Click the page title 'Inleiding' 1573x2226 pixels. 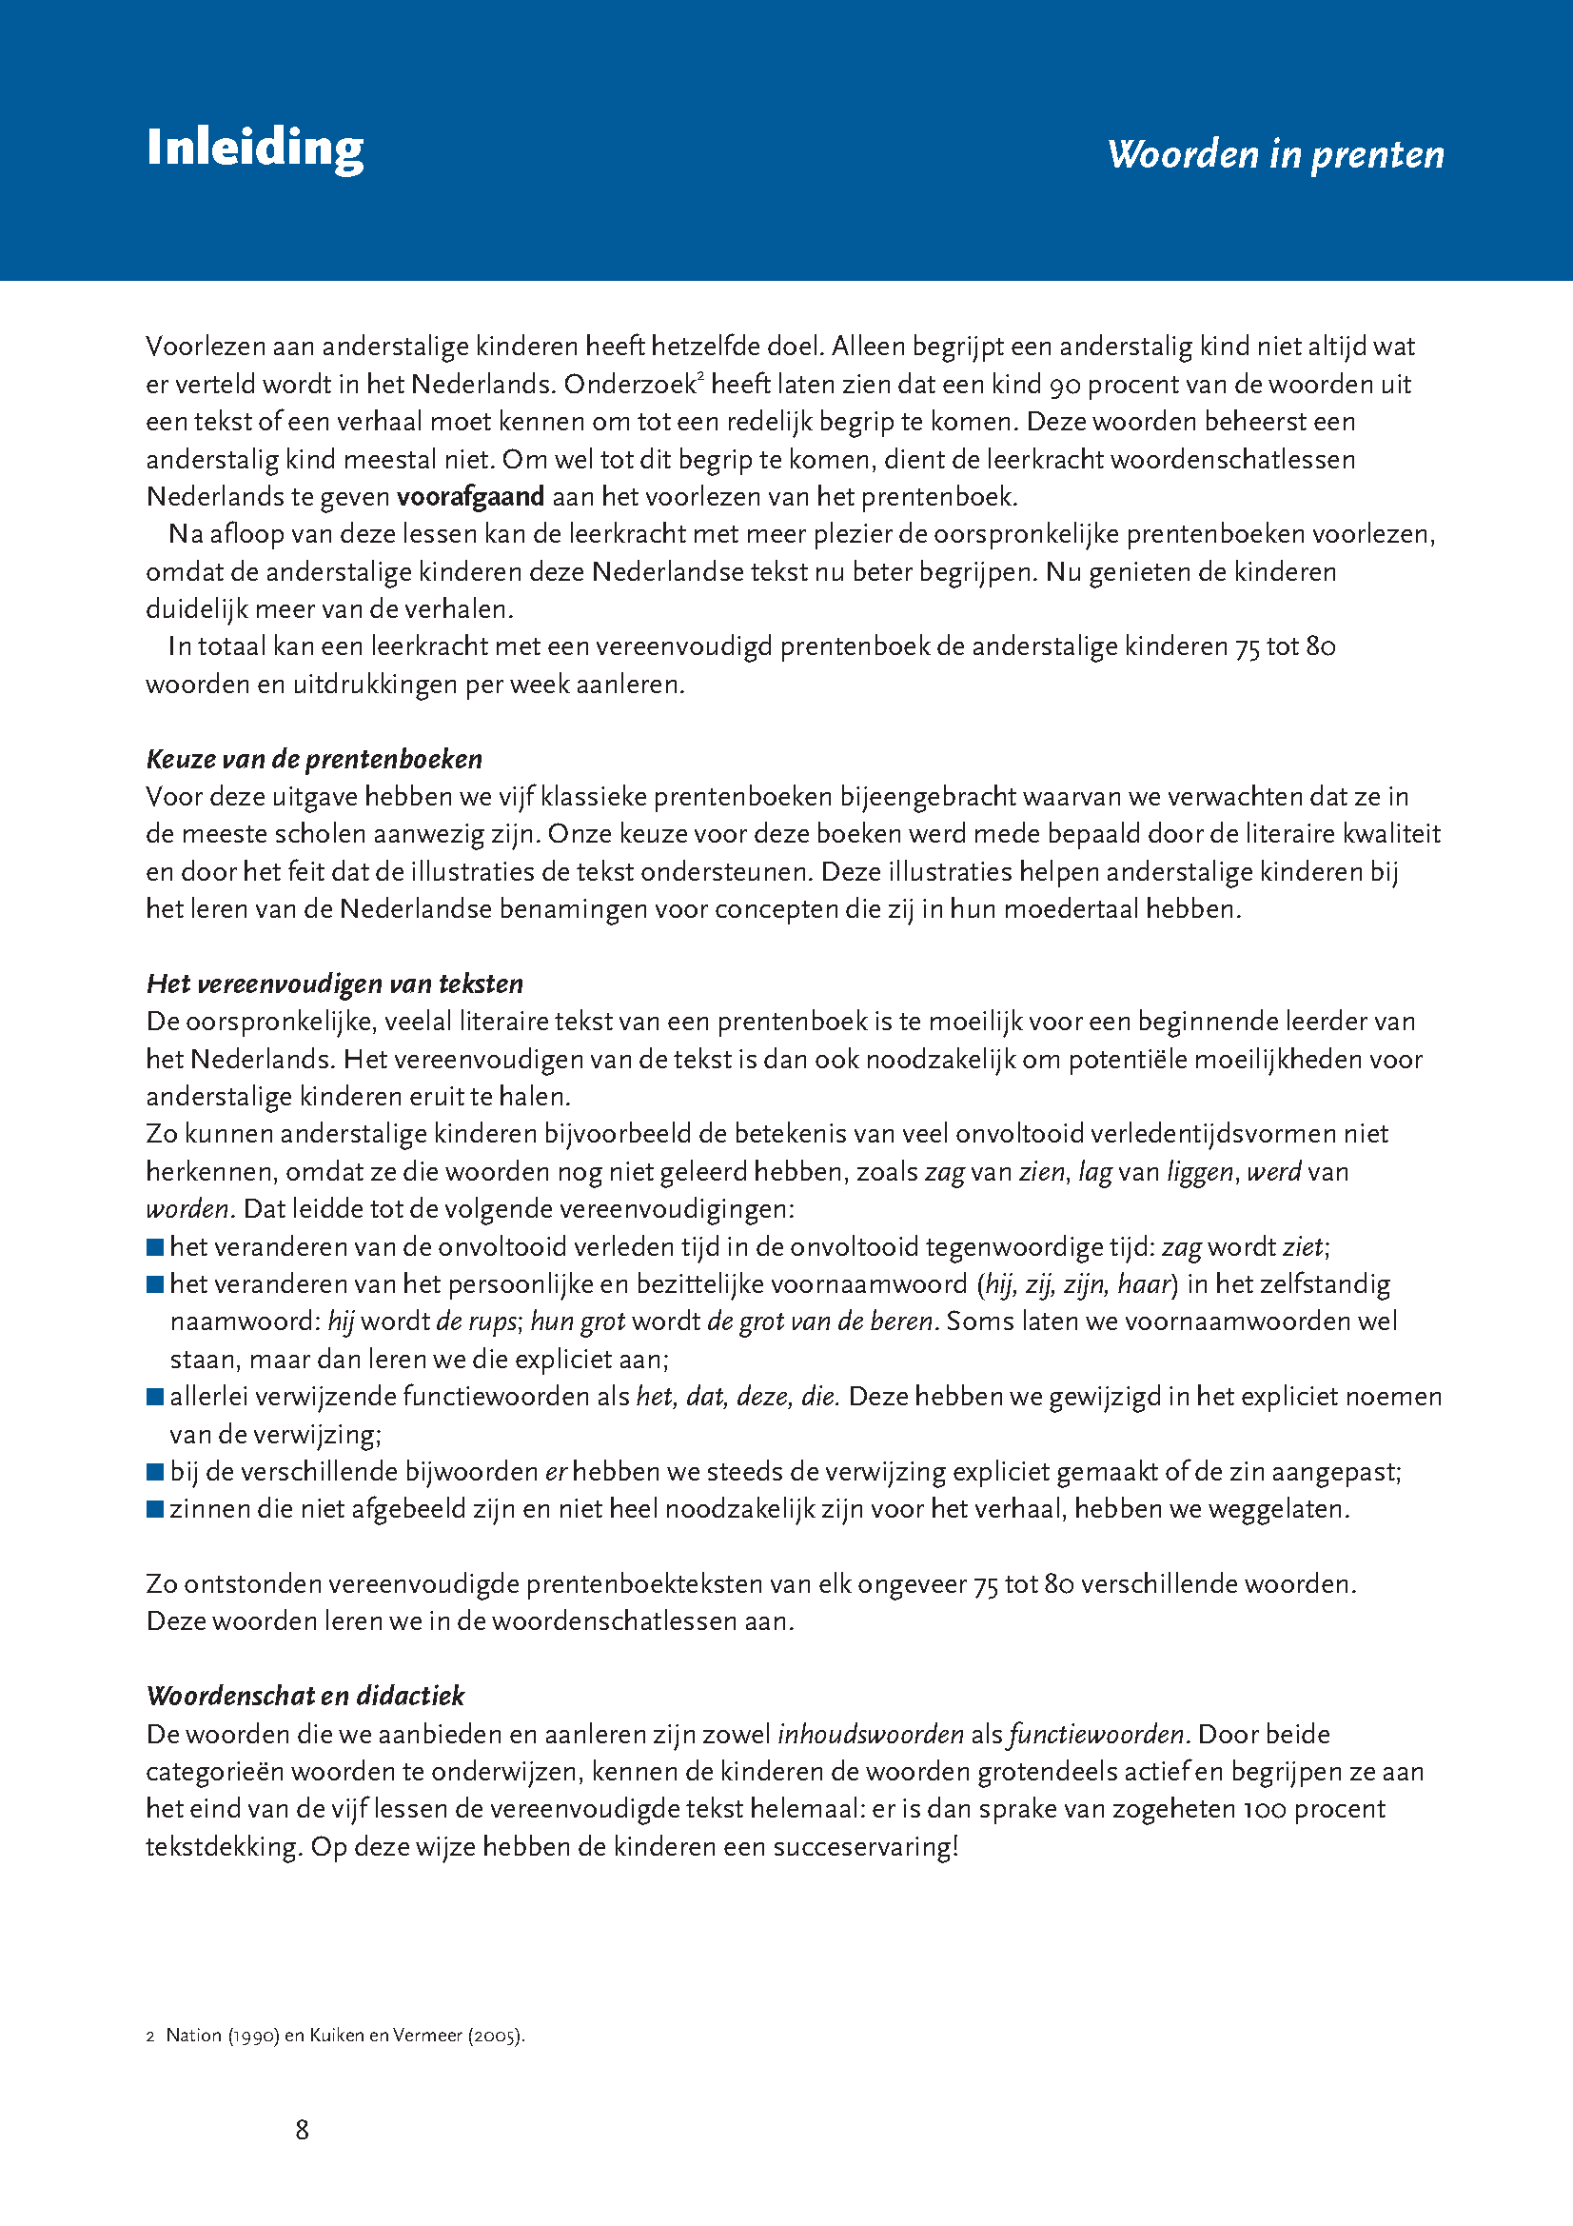[x=255, y=149]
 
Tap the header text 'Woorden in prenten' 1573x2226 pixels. [x=1275, y=154]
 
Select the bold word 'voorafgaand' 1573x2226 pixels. [x=470, y=496]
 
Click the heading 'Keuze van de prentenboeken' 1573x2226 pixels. [x=314, y=758]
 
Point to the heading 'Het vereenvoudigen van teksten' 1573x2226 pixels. [x=334, y=984]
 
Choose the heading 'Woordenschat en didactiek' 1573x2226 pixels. [x=305, y=1695]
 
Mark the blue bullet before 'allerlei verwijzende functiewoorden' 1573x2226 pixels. [x=154, y=1397]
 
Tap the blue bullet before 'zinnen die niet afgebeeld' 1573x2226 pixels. [x=154, y=1509]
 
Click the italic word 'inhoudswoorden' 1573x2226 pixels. [x=871, y=1734]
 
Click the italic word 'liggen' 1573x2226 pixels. [x=1201, y=1172]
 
